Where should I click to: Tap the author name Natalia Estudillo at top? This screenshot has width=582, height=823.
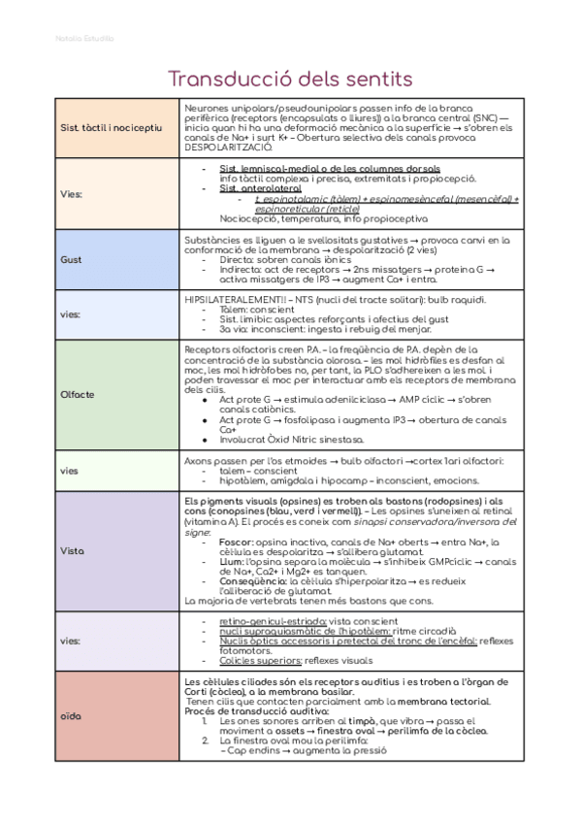click(84, 39)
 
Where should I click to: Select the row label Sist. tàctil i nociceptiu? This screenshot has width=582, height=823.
click(113, 127)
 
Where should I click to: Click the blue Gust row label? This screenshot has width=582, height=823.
click(72, 260)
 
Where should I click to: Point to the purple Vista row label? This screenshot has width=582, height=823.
click(73, 550)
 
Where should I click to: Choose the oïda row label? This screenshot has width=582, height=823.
click(71, 716)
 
